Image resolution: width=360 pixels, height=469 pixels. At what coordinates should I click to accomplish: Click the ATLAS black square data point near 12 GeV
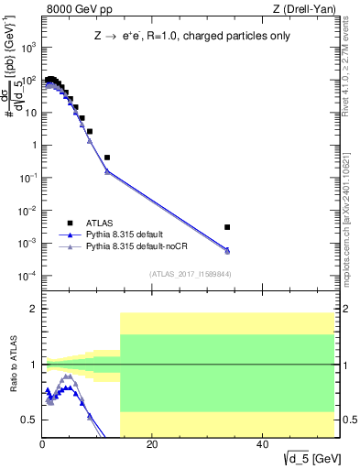107,158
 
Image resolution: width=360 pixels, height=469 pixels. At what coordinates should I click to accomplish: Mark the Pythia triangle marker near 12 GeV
107,171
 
